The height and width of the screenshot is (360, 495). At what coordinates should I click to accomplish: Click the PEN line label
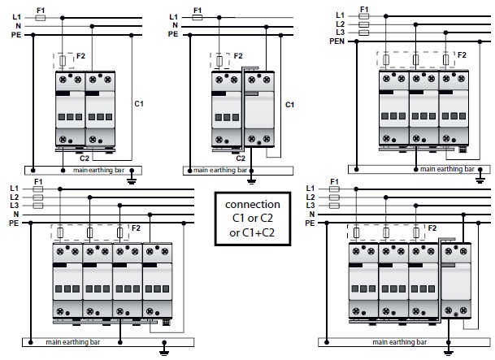click(x=337, y=41)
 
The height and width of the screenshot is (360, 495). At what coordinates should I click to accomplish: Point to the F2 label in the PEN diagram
click(x=462, y=54)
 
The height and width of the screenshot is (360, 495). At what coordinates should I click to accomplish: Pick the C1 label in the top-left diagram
click(x=138, y=103)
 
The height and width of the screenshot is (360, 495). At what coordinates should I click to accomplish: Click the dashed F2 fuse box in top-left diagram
click(x=63, y=60)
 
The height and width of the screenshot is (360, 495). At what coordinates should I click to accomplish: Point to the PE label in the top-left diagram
click(x=15, y=34)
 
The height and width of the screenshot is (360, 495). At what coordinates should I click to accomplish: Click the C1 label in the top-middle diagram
click(x=290, y=103)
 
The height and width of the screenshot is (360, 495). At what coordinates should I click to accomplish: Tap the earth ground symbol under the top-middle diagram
click(x=252, y=178)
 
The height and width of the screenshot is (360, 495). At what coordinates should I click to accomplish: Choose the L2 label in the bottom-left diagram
click(x=14, y=197)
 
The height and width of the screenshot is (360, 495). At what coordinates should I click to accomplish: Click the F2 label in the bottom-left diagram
click(x=136, y=228)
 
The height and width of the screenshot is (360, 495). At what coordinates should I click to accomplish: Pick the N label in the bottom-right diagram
click(x=311, y=215)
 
